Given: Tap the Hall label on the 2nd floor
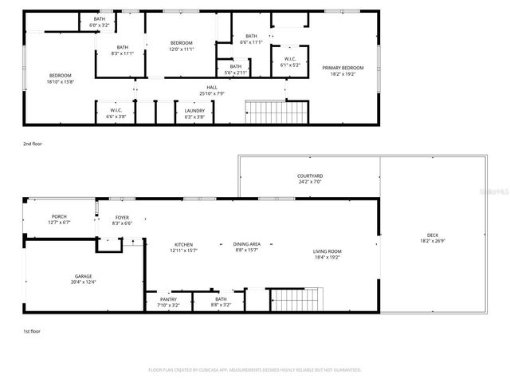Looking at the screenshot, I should pos(211,89).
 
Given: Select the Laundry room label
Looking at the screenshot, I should pos(195,113).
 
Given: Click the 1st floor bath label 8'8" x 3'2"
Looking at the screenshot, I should pos(221,302).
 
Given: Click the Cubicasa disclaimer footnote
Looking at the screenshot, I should pos(255,370).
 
